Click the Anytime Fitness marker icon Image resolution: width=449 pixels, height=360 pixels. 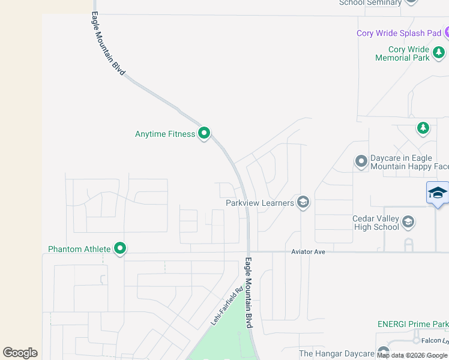pyautogui.click(x=204, y=133)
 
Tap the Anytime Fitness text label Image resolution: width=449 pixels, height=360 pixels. pyautogui.click(x=165, y=134)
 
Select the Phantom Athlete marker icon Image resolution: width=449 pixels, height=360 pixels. pyautogui.click(x=120, y=248)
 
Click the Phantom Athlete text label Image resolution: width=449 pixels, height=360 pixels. pyautogui.click(x=79, y=249)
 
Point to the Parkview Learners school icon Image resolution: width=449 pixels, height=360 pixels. pyautogui.click(x=303, y=202)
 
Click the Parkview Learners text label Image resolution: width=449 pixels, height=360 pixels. pyautogui.click(x=260, y=203)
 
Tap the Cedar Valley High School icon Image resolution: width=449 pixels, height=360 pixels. pyautogui.click(x=408, y=222)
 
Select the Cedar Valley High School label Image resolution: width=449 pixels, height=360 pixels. pyautogui.click(x=376, y=223)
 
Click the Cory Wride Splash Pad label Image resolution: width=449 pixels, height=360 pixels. pyautogui.click(x=399, y=33)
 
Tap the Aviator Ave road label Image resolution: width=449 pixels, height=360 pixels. pyautogui.click(x=309, y=252)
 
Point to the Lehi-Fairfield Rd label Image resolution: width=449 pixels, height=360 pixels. pyautogui.click(x=226, y=306)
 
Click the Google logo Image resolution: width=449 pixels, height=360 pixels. pyautogui.click(x=20, y=353)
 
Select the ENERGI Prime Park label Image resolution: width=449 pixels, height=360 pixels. pyautogui.click(x=412, y=324)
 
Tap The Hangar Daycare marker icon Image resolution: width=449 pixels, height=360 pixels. pyautogui.click(x=384, y=352)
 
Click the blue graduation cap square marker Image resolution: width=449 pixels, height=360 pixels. pyautogui.click(x=438, y=193)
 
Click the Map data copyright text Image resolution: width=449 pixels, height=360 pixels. pyautogui.click(x=412, y=355)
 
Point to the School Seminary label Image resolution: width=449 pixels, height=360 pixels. pyautogui.click(x=370, y=2)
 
